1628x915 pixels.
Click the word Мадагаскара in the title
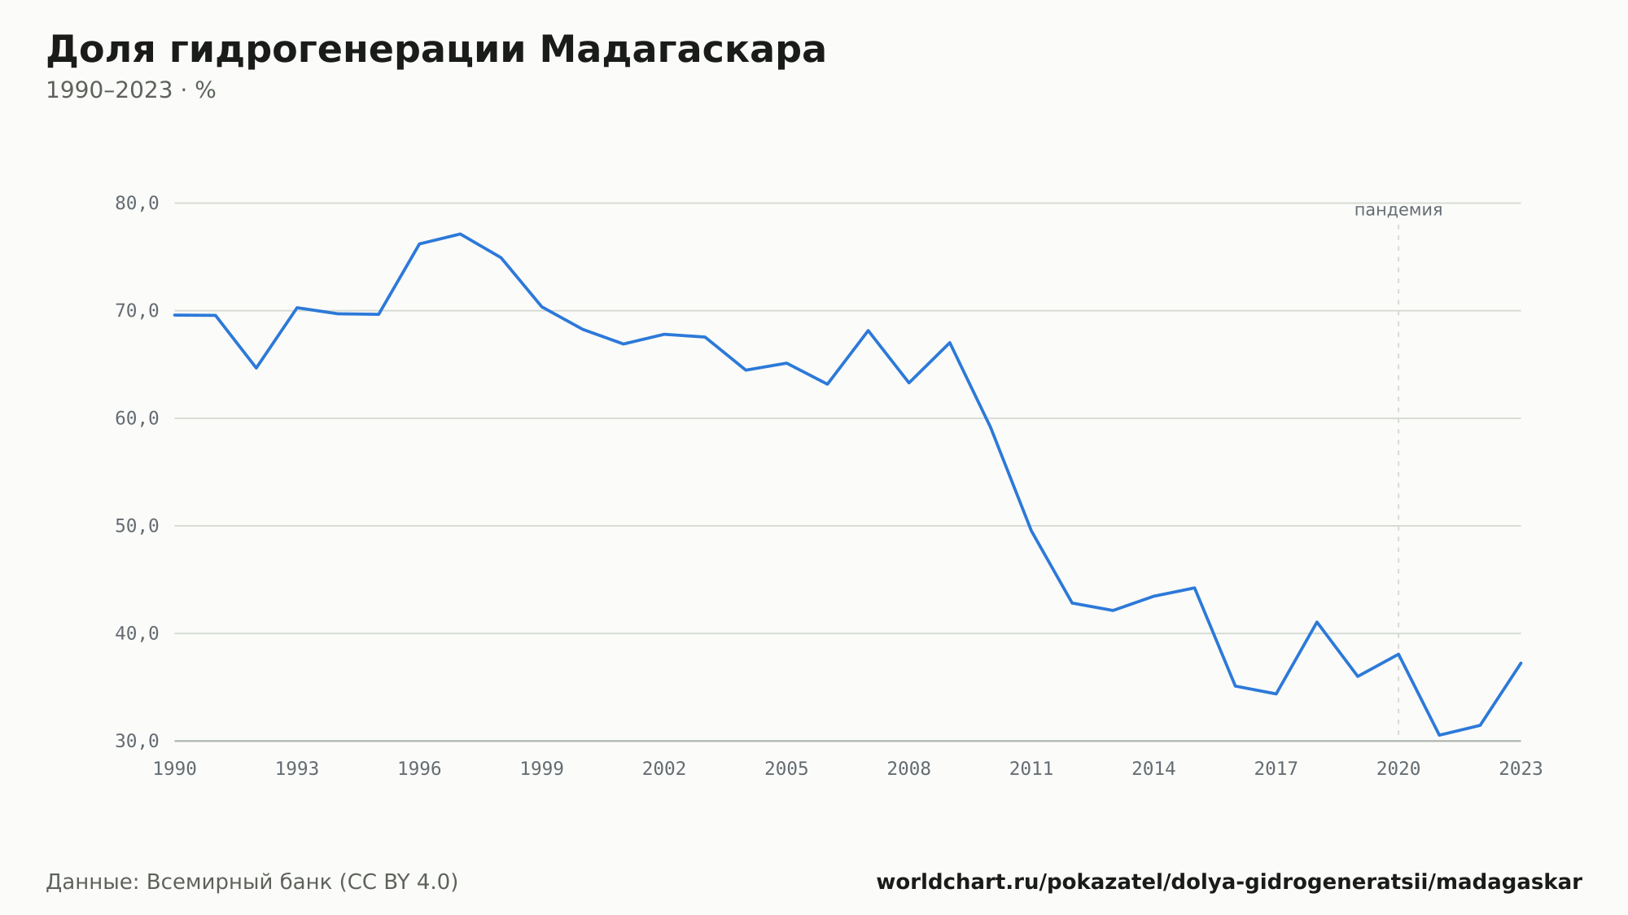(x=682, y=50)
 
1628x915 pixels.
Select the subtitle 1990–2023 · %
(x=130, y=90)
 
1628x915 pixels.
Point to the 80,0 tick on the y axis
(x=137, y=204)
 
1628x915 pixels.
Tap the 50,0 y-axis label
(x=137, y=526)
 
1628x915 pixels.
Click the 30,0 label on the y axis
(x=137, y=741)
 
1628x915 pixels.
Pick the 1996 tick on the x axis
(x=419, y=768)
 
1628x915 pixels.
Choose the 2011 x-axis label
(x=1031, y=768)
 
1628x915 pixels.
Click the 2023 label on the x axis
(x=1521, y=768)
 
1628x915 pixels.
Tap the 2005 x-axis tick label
(x=786, y=768)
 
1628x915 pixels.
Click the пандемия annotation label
(x=1398, y=210)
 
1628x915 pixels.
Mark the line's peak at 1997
(x=460, y=234)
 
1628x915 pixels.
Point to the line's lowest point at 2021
(x=1439, y=735)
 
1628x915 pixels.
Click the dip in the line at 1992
(x=256, y=368)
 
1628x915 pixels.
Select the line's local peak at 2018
(x=1317, y=622)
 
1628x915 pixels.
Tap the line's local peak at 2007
(x=868, y=331)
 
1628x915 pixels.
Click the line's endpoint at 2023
(x=1521, y=663)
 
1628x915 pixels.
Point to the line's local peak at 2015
(x=1194, y=588)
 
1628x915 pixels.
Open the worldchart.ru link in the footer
(x=1229, y=882)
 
